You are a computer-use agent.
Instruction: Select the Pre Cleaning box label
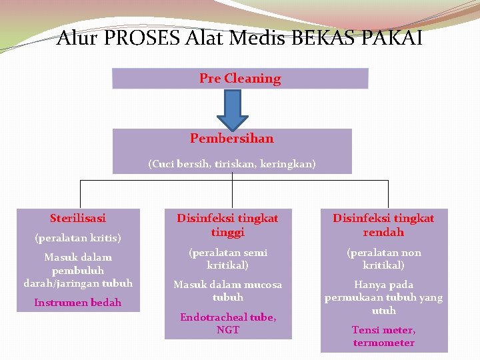pyautogui.click(x=240, y=79)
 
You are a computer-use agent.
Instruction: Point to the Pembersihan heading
pyautogui.click(x=231, y=139)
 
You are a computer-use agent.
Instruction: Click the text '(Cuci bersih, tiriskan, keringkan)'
pyautogui.click(x=231, y=163)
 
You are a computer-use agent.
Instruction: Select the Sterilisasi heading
pyautogui.click(x=77, y=218)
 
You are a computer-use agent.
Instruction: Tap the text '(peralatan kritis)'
pyautogui.click(x=77, y=237)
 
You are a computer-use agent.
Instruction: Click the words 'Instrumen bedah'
pyautogui.click(x=77, y=303)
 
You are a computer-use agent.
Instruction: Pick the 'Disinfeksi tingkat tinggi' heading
pyautogui.click(x=228, y=225)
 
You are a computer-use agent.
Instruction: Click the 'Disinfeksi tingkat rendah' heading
pyautogui.click(x=383, y=225)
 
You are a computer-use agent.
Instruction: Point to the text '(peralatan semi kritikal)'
pyautogui.click(x=228, y=259)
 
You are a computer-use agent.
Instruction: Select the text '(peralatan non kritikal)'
pyautogui.click(x=383, y=259)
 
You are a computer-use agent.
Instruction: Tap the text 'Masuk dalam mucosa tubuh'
pyautogui.click(x=228, y=291)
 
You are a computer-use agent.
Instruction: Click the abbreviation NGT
pyautogui.click(x=228, y=330)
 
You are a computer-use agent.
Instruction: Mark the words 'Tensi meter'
pyautogui.click(x=383, y=330)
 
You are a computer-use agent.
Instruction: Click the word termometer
pyautogui.click(x=383, y=343)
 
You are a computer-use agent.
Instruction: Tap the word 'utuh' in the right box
pyautogui.click(x=383, y=311)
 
